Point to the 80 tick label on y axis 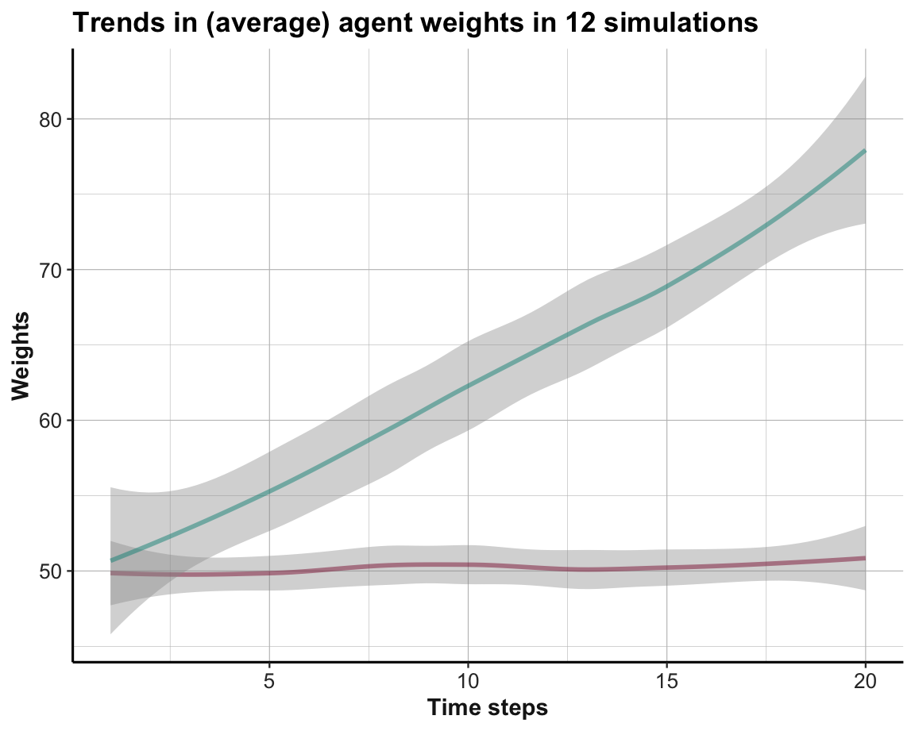[51, 119]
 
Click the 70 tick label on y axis [51, 270]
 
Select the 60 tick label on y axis [51, 421]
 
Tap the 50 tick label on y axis [51, 571]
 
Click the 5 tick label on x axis [270, 680]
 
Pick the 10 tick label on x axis [468, 680]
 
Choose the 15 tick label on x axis [666, 680]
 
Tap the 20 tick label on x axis [865, 680]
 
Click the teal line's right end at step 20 [864, 151]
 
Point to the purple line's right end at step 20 [864, 558]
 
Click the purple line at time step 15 [666, 567]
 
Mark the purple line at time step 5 [270, 573]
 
